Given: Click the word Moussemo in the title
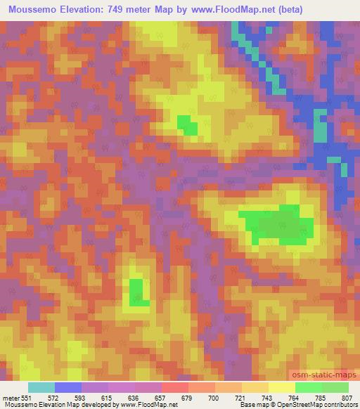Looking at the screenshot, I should (34, 10).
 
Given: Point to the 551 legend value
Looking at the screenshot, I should (27, 397).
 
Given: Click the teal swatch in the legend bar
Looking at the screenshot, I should (41, 387).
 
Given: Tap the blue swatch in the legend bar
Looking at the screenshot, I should (68, 387).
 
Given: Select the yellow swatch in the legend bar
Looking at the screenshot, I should (281, 387).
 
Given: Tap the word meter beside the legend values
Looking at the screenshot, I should (11, 397).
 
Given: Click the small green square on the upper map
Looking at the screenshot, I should (187, 125).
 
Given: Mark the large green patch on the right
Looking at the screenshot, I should (278, 225).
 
